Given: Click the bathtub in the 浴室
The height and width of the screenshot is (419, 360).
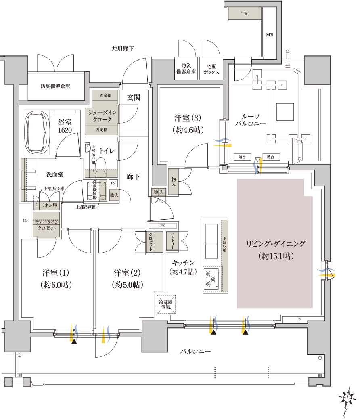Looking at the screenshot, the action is [37, 132].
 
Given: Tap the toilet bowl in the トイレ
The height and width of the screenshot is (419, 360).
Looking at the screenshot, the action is [100, 167].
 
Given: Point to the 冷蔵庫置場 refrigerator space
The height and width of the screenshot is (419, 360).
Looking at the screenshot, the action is [166, 304].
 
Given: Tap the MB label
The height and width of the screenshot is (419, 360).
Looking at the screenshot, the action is [270, 35].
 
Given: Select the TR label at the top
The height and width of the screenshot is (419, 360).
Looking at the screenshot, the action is [244, 13].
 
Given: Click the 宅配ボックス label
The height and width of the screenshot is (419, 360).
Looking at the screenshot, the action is [211, 69].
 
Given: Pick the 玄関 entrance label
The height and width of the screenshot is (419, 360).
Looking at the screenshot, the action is [133, 98].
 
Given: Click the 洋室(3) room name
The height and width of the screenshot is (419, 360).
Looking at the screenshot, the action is [188, 118].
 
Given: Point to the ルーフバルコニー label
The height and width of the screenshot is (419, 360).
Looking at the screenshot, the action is [250, 120].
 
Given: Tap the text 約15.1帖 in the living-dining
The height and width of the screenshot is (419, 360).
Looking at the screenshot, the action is [276, 256].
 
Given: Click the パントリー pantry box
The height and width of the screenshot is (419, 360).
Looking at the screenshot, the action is [172, 241].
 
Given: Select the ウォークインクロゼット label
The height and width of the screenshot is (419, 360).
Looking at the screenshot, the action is [47, 225].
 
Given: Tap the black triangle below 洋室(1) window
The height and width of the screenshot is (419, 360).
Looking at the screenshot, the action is [74, 341].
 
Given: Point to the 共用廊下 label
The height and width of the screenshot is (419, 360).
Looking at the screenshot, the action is [123, 48].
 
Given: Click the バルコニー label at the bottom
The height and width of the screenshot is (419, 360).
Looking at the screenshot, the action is [195, 352].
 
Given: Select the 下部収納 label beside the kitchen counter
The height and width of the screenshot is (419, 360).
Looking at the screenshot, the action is [224, 244].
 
